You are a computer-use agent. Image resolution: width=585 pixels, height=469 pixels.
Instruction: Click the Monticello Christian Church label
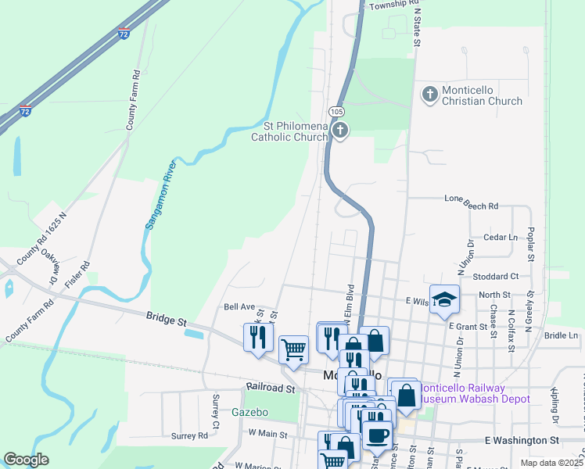click(482, 95)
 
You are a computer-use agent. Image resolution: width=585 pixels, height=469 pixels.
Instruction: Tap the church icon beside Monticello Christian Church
click(429, 95)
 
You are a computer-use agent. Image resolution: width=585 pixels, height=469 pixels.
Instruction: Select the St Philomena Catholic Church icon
click(340, 131)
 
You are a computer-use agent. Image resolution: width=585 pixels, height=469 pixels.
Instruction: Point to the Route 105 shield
click(336, 112)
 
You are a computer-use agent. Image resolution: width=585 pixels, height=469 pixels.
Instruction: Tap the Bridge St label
click(167, 320)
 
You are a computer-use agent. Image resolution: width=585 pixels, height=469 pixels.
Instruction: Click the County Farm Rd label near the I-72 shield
click(134, 99)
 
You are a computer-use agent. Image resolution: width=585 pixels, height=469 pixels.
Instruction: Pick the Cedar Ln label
click(501, 237)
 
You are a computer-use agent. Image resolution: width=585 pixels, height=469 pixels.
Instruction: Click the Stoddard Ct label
click(496, 276)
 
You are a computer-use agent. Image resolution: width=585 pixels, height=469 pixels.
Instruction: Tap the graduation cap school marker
click(444, 299)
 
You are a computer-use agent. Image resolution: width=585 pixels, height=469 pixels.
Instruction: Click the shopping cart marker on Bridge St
click(293, 349)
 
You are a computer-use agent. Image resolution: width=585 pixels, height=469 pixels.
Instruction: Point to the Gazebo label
click(249, 412)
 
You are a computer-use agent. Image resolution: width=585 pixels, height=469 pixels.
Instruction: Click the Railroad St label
click(270, 388)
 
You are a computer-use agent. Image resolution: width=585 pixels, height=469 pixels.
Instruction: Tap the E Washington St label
click(522, 441)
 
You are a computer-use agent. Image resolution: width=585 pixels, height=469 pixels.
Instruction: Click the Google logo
click(26, 460)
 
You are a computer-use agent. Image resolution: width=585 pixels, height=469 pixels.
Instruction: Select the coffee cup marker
click(377, 435)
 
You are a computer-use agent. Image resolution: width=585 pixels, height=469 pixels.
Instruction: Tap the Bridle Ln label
click(561, 335)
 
